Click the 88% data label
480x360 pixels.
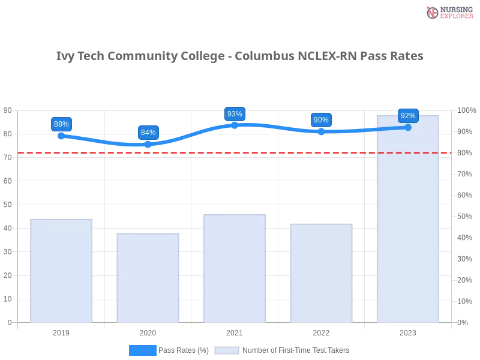61,124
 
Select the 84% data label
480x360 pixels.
148,133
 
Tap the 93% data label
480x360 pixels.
235,114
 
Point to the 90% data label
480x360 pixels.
321,120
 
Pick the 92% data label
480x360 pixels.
408,116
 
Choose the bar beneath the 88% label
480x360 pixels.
62,270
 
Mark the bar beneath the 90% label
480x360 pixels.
321,273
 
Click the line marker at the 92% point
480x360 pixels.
408,127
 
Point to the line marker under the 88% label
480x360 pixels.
61,137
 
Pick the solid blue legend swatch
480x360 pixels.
143,350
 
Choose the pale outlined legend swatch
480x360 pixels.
227,350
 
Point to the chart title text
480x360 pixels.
240,56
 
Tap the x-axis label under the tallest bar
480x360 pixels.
408,331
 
